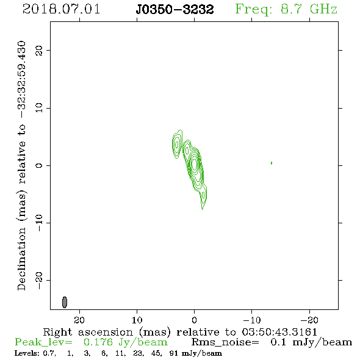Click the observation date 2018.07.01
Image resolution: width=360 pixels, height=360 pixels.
click(61, 9)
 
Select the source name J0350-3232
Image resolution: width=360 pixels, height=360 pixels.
click(175, 9)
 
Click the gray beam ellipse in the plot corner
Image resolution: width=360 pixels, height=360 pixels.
click(65, 302)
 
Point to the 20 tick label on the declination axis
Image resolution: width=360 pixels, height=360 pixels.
click(39, 50)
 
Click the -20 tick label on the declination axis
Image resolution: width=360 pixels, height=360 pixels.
click(39, 281)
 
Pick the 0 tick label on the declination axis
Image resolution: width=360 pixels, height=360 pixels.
click(39, 165)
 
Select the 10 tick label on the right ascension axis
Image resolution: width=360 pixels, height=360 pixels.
click(137, 320)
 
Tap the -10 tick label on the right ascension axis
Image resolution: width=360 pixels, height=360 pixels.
click(252, 320)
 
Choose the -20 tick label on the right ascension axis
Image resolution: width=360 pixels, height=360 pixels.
click(309, 320)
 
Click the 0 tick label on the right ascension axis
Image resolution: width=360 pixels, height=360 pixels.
click(194, 320)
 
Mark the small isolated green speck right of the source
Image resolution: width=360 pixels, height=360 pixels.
click(272, 163)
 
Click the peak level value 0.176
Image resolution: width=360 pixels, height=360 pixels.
click(98, 342)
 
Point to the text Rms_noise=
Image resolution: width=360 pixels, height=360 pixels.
click(225, 342)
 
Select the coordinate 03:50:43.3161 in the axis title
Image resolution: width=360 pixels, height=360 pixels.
click(279, 332)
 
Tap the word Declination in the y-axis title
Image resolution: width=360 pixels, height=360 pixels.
click(21, 259)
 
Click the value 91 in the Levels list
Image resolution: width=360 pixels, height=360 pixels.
click(173, 353)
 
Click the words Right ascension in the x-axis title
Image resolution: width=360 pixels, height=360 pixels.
click(88, 333)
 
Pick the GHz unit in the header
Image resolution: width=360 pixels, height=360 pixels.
click(323, 9)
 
